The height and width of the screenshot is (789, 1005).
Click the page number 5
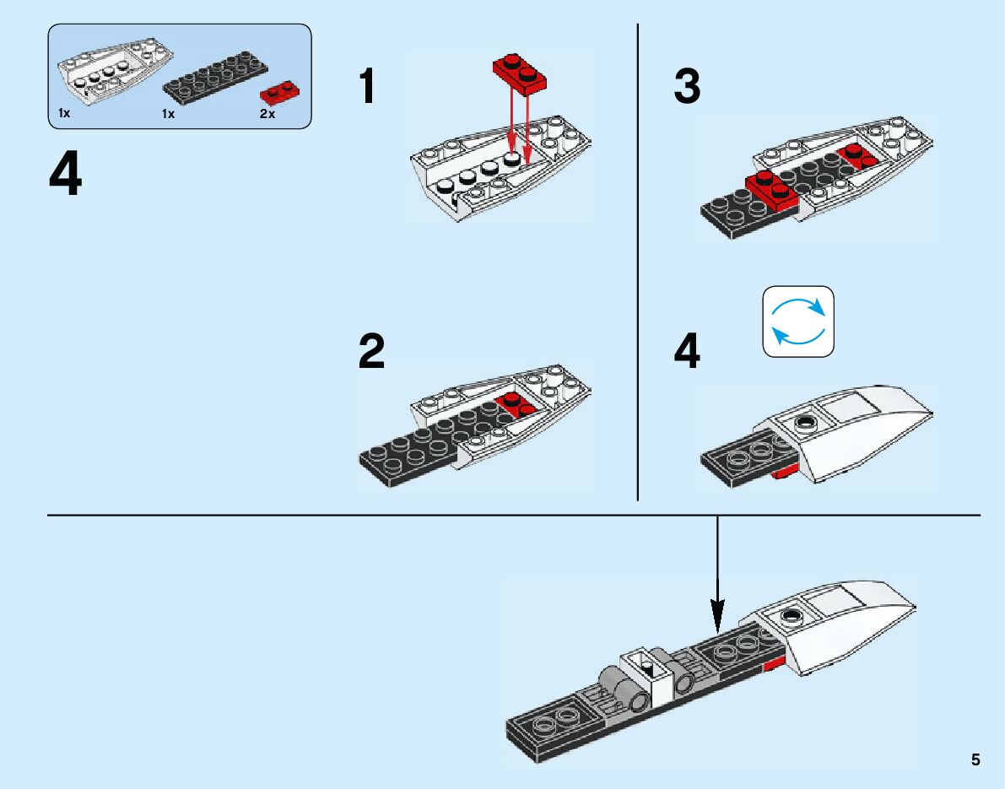pos(975,759)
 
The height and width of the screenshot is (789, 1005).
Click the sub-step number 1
pos(367,86)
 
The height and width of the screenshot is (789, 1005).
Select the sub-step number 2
pos(372,351)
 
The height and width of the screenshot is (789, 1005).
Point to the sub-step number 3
pos(687,86)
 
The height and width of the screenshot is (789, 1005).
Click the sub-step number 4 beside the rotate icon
pos(687,351)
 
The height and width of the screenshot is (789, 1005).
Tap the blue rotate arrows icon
pos(798,322)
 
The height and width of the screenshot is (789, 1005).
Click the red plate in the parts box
pos(280,92)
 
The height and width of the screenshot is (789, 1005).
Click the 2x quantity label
pos(267,114)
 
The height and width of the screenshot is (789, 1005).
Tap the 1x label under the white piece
pos(64,113)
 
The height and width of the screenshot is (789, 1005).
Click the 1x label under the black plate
pos(168,114)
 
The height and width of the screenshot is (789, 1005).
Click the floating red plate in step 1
pos(520,73)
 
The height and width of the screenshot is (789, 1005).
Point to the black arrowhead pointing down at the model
pos(718,615)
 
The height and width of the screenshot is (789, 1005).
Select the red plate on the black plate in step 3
pos(772,191)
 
